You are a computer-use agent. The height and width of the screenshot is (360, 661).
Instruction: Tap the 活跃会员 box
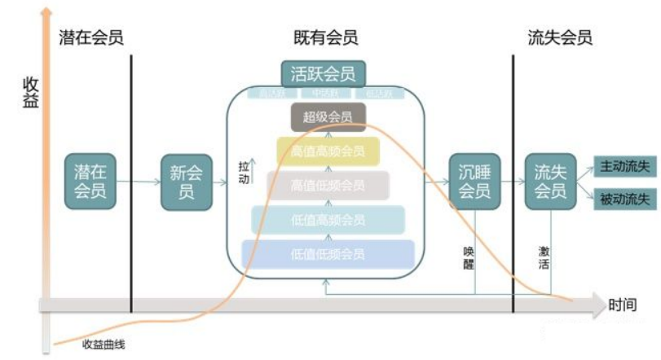pyautogui.click(x=323, y=74)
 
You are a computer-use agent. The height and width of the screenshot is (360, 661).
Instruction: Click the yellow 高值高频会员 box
pyautogui.click(x=328, y=151)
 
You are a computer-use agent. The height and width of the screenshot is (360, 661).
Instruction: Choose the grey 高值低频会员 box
pyautogui.click(x=328, y=185)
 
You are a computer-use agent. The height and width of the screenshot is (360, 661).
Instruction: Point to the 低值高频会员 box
pyautogui.click(x=328, y=220)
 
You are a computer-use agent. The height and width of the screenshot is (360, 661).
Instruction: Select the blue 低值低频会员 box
pyautogui.click(x=328, y=254)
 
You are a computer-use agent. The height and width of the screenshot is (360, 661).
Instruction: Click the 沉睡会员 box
pyautogui.click(x=474, y=181)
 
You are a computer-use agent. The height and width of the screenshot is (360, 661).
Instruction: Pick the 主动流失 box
pyautogui.click(x=624, y=166)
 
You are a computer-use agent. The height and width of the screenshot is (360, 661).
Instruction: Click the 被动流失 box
pyautogui.click(x=624, y=198)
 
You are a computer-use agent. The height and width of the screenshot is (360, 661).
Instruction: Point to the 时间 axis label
pyautogui.click(x=622, y=305)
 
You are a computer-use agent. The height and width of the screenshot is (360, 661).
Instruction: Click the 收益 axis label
pyautogui.click(x=29, y=91)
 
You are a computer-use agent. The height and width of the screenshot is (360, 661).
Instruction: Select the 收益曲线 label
pyautogui.click(x=103, y=343)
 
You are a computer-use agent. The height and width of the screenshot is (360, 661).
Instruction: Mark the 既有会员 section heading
pyautogui.click(x=325, y=37)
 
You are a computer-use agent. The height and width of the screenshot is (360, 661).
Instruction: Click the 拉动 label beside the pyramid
pyautogui.click(x=243, y=173)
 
